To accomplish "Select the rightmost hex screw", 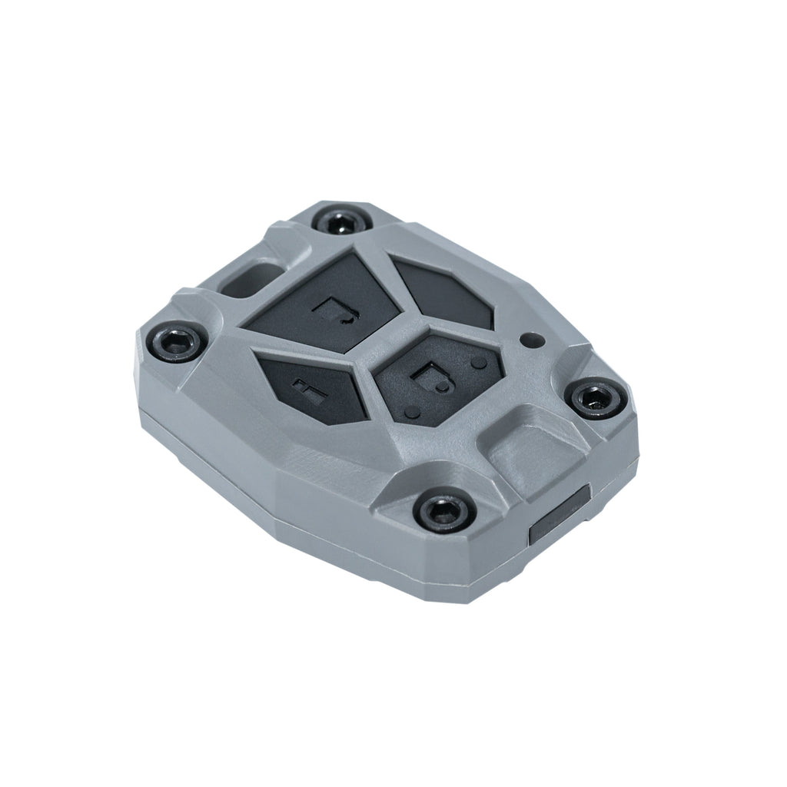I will point(596,399).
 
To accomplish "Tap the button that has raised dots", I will point(435,377).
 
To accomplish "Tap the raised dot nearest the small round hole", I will point(480,360).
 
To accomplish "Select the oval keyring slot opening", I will point(247,277).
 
